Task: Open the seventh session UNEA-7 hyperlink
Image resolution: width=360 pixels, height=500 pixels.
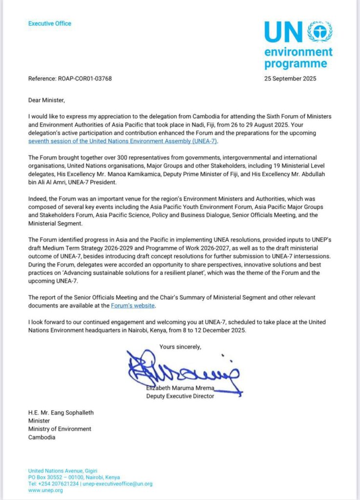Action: click(124, 141)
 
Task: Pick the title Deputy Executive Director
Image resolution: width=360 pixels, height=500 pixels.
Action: click(180, 396)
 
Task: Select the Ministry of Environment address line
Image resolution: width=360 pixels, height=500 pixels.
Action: click(60, 429)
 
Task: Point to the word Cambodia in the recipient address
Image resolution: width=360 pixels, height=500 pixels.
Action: click(42, 437)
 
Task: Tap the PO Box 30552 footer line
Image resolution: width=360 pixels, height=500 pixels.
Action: click(74, 477)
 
